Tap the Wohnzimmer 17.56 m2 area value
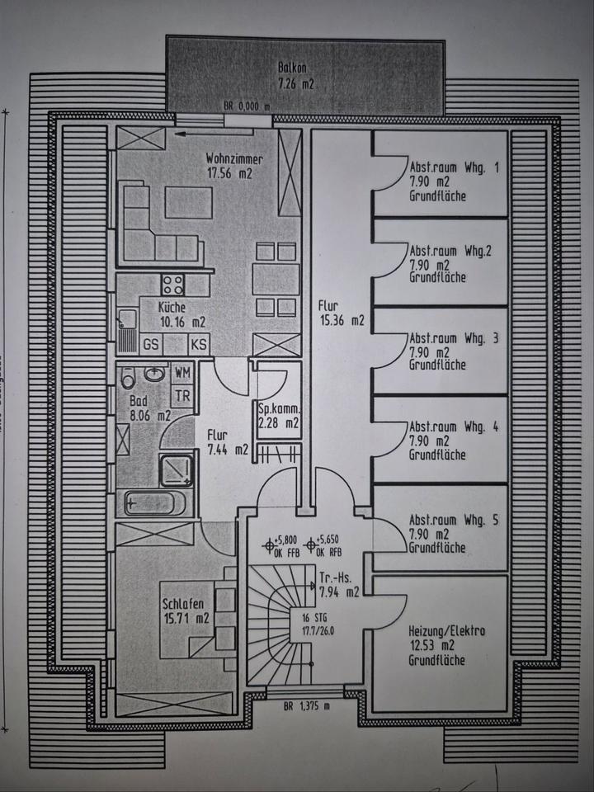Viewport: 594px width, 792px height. [x=229, y=173]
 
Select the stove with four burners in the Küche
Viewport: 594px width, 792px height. [x=172, y=285]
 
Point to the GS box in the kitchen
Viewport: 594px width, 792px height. [x=152, y=344]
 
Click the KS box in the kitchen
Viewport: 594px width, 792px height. [x=199, y=344]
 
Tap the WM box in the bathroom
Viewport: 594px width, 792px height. [x=183, y=373]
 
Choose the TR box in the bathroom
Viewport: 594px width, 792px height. [x=183, y=394]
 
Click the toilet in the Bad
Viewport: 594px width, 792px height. [x=128, y=379]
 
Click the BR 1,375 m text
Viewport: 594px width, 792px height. [x=306, y=705]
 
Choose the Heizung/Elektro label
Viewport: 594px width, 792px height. [x=445, y=632]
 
